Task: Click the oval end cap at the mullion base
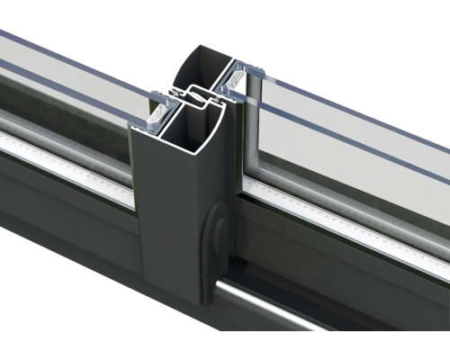pyautogui.click(x=216, y=234)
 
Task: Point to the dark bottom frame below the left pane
pyautogui.click(x=63, y=225)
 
